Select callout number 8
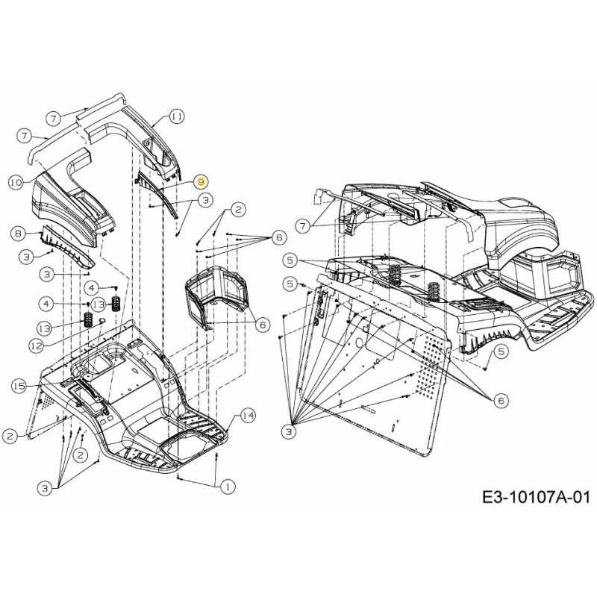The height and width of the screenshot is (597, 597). [x=19, y=234]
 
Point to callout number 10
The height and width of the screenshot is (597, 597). [x=16, y=181]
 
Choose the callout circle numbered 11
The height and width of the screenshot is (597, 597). [x=175, y=116]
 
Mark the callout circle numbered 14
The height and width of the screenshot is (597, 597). [x=248, y=416]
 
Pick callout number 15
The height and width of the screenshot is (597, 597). [x=19, y=386]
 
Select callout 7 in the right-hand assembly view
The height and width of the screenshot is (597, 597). [x=302, y=225]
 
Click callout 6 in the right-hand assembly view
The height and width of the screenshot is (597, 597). [x=501, y=401]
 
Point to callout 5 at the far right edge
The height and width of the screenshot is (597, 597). [x=501, y=351]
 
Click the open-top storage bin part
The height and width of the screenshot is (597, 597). [x=216, y=295]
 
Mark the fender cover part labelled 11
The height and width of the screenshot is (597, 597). [x=142, y=134]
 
